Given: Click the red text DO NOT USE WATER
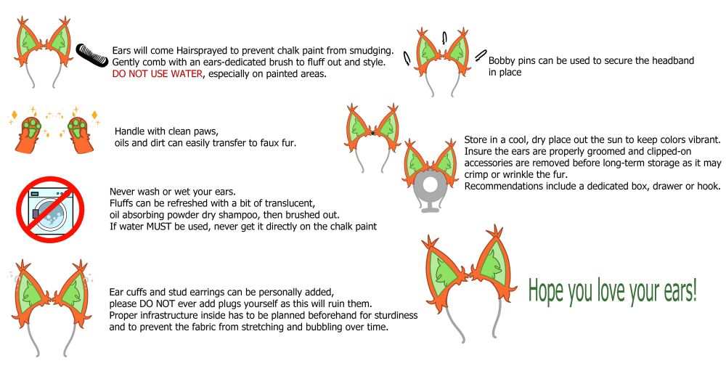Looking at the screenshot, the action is [x=158, y=73].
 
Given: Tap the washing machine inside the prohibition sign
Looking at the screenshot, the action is [x=51, y=210].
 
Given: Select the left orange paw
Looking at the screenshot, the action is [x=28, y=135].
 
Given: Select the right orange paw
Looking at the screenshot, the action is [x=81, y=135].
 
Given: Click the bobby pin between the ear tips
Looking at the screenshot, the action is [x=444, y=38].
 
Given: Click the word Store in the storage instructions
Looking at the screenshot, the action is [x=476, y=140].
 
